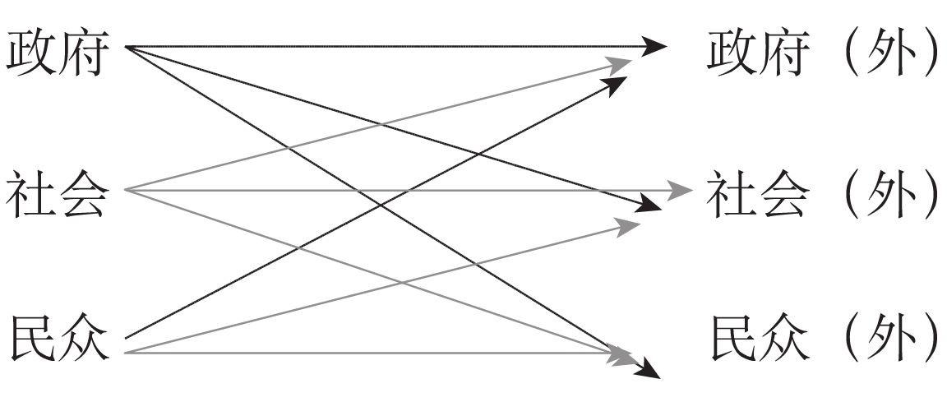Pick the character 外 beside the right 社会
click(x=892, y=192)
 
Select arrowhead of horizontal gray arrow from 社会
click(x=683, y=191)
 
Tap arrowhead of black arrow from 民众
click(x=615, y=83)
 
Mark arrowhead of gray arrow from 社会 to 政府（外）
click(x=620, y=63)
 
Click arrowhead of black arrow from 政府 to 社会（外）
click(x=650, y=203)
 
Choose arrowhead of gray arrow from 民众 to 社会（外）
click(x=629, y=226)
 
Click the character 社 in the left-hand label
click(x=31, y=192)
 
